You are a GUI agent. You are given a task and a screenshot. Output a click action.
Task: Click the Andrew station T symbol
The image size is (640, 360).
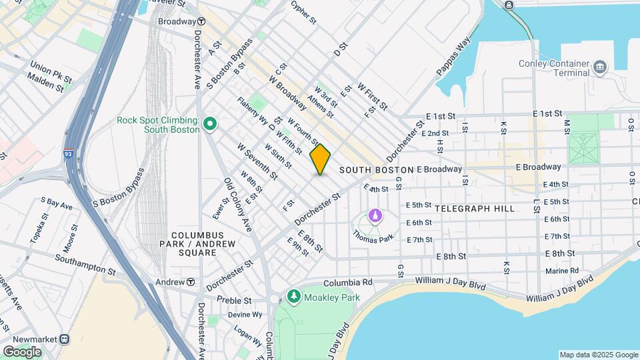pyautogui.click(x=191, y=282)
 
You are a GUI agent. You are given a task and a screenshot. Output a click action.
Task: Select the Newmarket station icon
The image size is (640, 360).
pyautogui.click(x=65, y=338)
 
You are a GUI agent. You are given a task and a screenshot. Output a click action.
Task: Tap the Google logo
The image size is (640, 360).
pyautogui.click(x=22, y=351)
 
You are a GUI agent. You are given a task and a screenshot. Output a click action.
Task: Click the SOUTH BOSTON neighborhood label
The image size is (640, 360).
pyautogui.click(x=376, y=170)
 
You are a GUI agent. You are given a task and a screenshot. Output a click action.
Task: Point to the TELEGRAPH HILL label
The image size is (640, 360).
pyautogui.click(x=474, y=209)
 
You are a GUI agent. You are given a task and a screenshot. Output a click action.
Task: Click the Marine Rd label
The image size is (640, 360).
pyautogui.click(x=561, y=271)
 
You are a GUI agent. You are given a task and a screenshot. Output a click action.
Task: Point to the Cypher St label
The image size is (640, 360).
pyautogui.click(x=303, y=11)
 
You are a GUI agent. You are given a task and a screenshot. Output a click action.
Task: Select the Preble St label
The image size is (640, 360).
pyautogui.click(x=233, y=301)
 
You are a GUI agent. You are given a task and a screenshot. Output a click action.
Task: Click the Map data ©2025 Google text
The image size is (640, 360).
pyautogui.click(x=597, y=355)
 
